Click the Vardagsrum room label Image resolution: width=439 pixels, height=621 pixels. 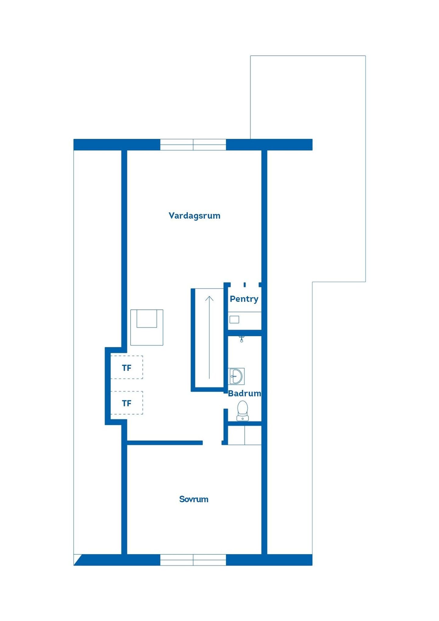195,216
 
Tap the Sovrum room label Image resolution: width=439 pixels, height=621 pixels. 194,499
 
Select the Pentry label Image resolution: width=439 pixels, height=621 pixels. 244,299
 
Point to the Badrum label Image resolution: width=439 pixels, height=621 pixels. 244,393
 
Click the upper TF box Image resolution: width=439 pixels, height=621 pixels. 127,367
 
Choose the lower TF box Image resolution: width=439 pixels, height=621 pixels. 127,403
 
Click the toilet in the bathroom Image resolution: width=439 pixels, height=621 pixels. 242,410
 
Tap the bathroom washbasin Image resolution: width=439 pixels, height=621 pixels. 236,376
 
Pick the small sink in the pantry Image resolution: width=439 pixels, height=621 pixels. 234,319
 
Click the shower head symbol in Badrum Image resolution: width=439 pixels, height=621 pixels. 241,339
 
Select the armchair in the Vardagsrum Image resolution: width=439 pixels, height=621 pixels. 147,327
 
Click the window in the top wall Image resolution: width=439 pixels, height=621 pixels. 193,145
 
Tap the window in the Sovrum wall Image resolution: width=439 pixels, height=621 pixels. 193,560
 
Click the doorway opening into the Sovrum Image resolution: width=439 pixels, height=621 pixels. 212,443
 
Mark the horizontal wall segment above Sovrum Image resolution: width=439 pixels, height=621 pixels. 165,443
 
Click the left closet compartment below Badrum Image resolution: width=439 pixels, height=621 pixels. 236,435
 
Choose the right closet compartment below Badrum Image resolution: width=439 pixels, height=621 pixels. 253,435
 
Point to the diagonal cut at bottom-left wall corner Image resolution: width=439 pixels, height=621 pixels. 78,560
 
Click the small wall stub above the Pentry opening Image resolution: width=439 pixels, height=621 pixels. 244,285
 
